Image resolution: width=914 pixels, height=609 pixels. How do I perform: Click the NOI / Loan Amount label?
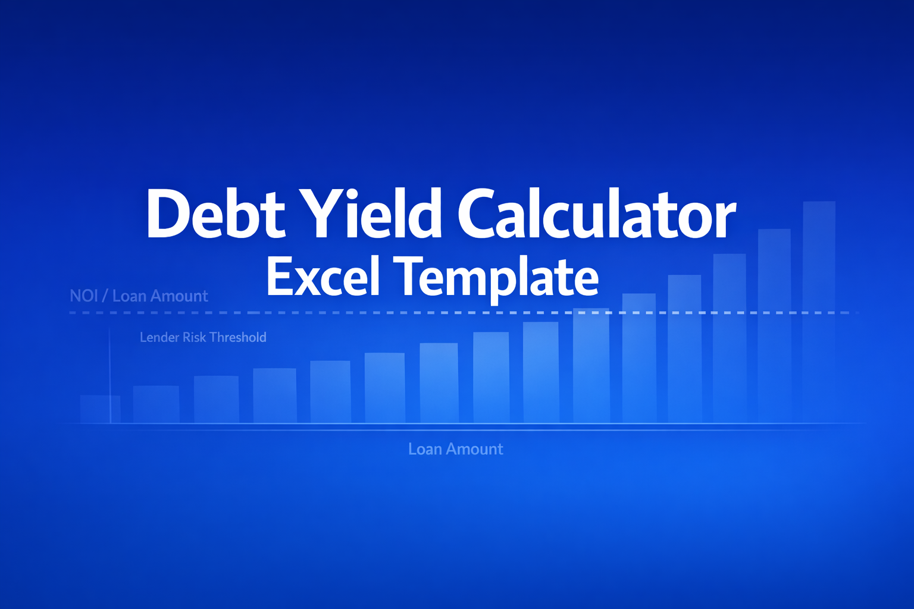pos(139,296)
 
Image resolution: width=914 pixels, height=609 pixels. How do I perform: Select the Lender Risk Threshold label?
pos(203,337)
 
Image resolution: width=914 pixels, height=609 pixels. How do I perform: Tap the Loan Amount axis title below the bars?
pos(455,449)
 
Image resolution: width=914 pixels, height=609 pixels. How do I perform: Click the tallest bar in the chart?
pos(819,309)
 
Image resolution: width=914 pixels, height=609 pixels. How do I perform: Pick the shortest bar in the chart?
pos(100,409)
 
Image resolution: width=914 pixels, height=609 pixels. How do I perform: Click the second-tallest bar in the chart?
pos(774,324)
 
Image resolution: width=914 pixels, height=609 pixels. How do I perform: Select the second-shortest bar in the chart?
pos(156,404)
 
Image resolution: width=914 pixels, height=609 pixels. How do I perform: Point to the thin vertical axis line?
pos(110,375)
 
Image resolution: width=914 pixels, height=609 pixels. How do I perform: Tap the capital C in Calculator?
pos(482,214)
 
